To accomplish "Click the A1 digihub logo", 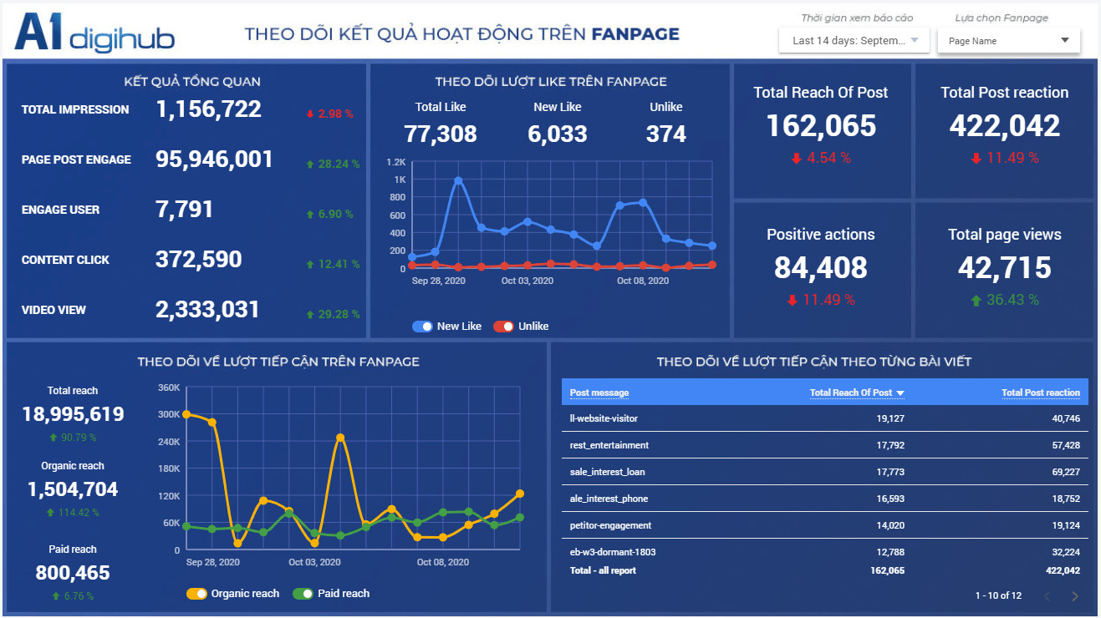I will click(x=94, y=33).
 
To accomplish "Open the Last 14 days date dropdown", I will click(x=854, y=40).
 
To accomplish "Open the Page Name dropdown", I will click(x=1008, y=40).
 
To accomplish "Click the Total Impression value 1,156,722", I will click(x=208, y=109).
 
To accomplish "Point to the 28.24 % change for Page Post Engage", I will click(x=333, y=164).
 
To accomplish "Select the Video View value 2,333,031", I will click(x=207, y=310).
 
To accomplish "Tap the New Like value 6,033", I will click(x=558, y=134).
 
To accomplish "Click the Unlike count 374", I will click(x=666, y=134).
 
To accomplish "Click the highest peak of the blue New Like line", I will click(x=458, y=180).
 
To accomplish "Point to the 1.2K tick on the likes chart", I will click(x=396, y=162).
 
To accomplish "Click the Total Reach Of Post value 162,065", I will click(x=821, y=125).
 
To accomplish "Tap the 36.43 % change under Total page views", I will click(x=1005, y=300).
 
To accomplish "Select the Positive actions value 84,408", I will click(x=821, y=267).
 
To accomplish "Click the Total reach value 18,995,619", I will click(x=73, y=414).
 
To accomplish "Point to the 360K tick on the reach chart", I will click(x=169, y=388).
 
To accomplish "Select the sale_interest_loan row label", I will click(x=607, y=472).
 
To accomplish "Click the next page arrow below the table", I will click(x=1075, y=596).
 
